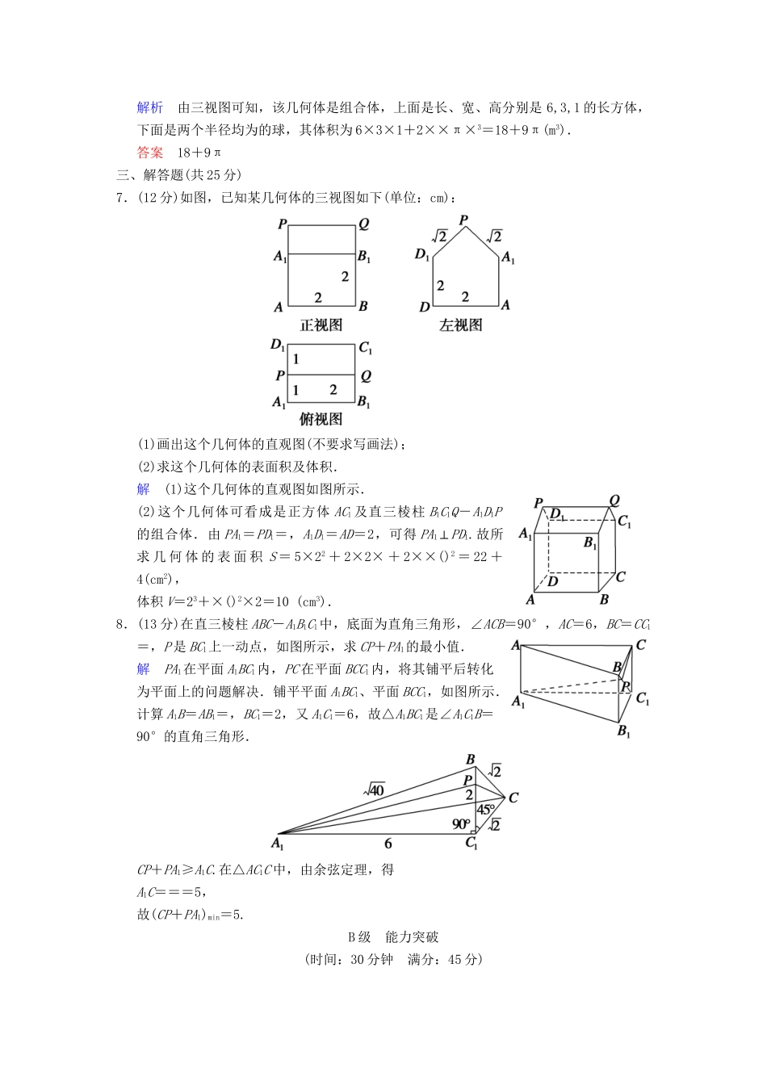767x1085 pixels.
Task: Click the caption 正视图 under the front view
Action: click(321, 325)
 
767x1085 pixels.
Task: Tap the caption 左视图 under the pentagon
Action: click(461, 325)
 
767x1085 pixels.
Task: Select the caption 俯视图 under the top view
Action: click(321, 419)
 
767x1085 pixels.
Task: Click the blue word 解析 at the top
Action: click(150, 108)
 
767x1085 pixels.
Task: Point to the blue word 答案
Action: click(150, 152)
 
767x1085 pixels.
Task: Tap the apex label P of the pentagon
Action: click(463, 220)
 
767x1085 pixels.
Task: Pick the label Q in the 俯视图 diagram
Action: click(366, 375)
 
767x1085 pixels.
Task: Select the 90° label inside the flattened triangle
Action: click(461, 824)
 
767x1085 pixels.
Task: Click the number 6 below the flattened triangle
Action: click(388, 844)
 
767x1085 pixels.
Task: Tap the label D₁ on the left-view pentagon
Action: click(422, 255)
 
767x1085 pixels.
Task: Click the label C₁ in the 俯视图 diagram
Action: click(366, 349)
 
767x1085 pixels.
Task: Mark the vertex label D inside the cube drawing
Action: click(553, 580)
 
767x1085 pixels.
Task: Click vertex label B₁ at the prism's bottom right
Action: click(624, 731)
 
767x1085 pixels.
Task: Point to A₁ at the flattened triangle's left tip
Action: click(278, 844)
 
